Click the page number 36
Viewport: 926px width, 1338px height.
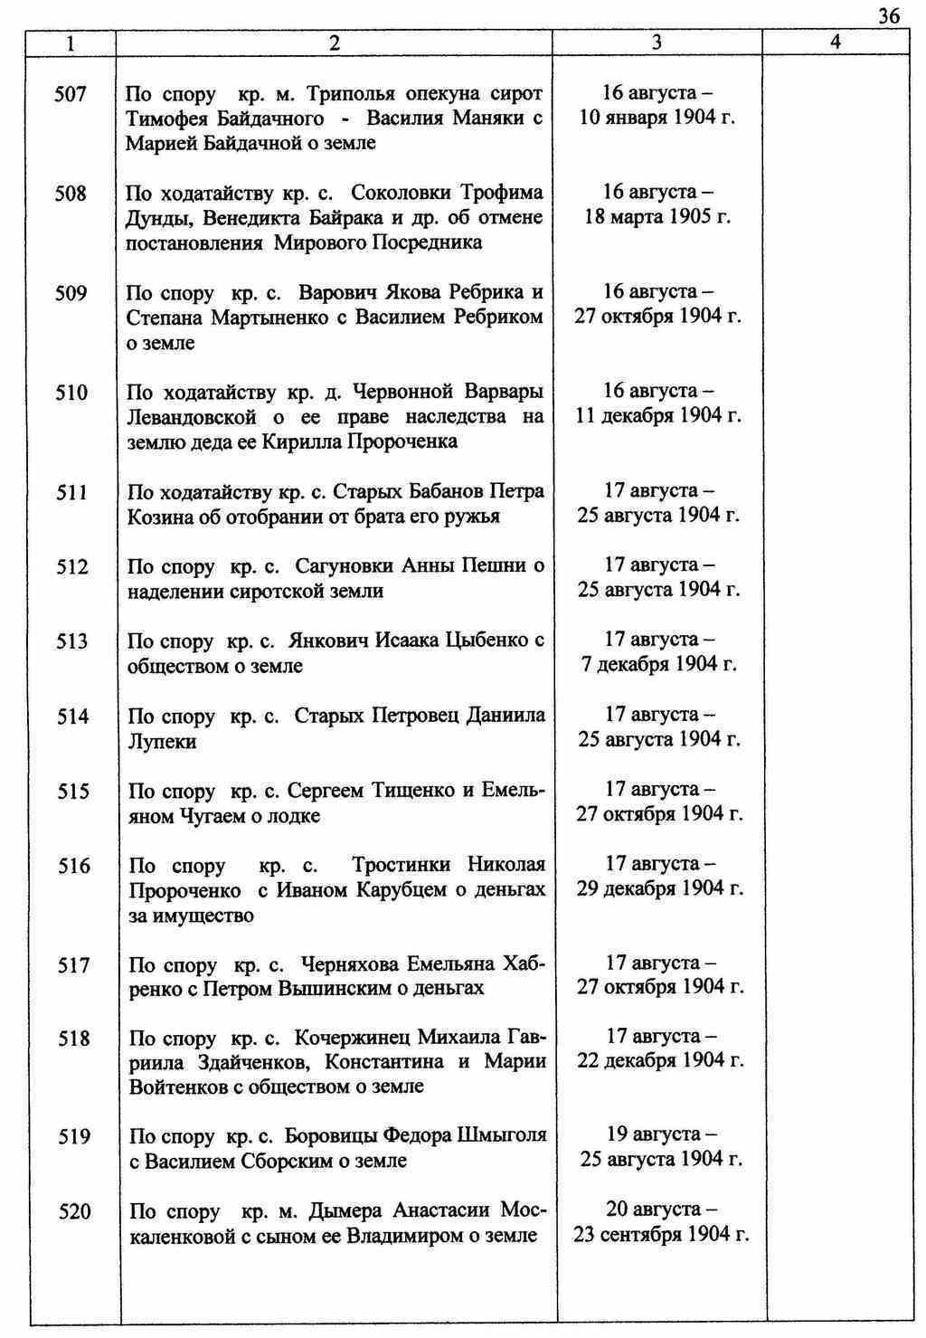(888, 15)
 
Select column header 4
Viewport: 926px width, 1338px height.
(836, 42)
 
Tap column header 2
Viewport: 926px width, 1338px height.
(334, 43)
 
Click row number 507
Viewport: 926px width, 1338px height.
(71, 93)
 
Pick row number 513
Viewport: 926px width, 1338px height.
(72, 641)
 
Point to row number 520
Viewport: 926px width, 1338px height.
(74, 1211)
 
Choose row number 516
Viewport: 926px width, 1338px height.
(74, 866)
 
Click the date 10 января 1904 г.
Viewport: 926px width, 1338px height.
(657, 118)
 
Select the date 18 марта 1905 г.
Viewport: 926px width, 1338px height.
(657, 217)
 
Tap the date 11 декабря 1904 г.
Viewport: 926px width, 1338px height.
(658, 416)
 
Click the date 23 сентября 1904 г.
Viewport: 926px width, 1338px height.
(661, 1234)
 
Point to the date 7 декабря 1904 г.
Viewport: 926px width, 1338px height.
(659, 664)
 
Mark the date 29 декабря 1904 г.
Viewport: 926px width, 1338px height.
(660, 888)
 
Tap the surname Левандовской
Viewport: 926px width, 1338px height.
(187, 417)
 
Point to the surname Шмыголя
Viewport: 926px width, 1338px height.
(501, 1135)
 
